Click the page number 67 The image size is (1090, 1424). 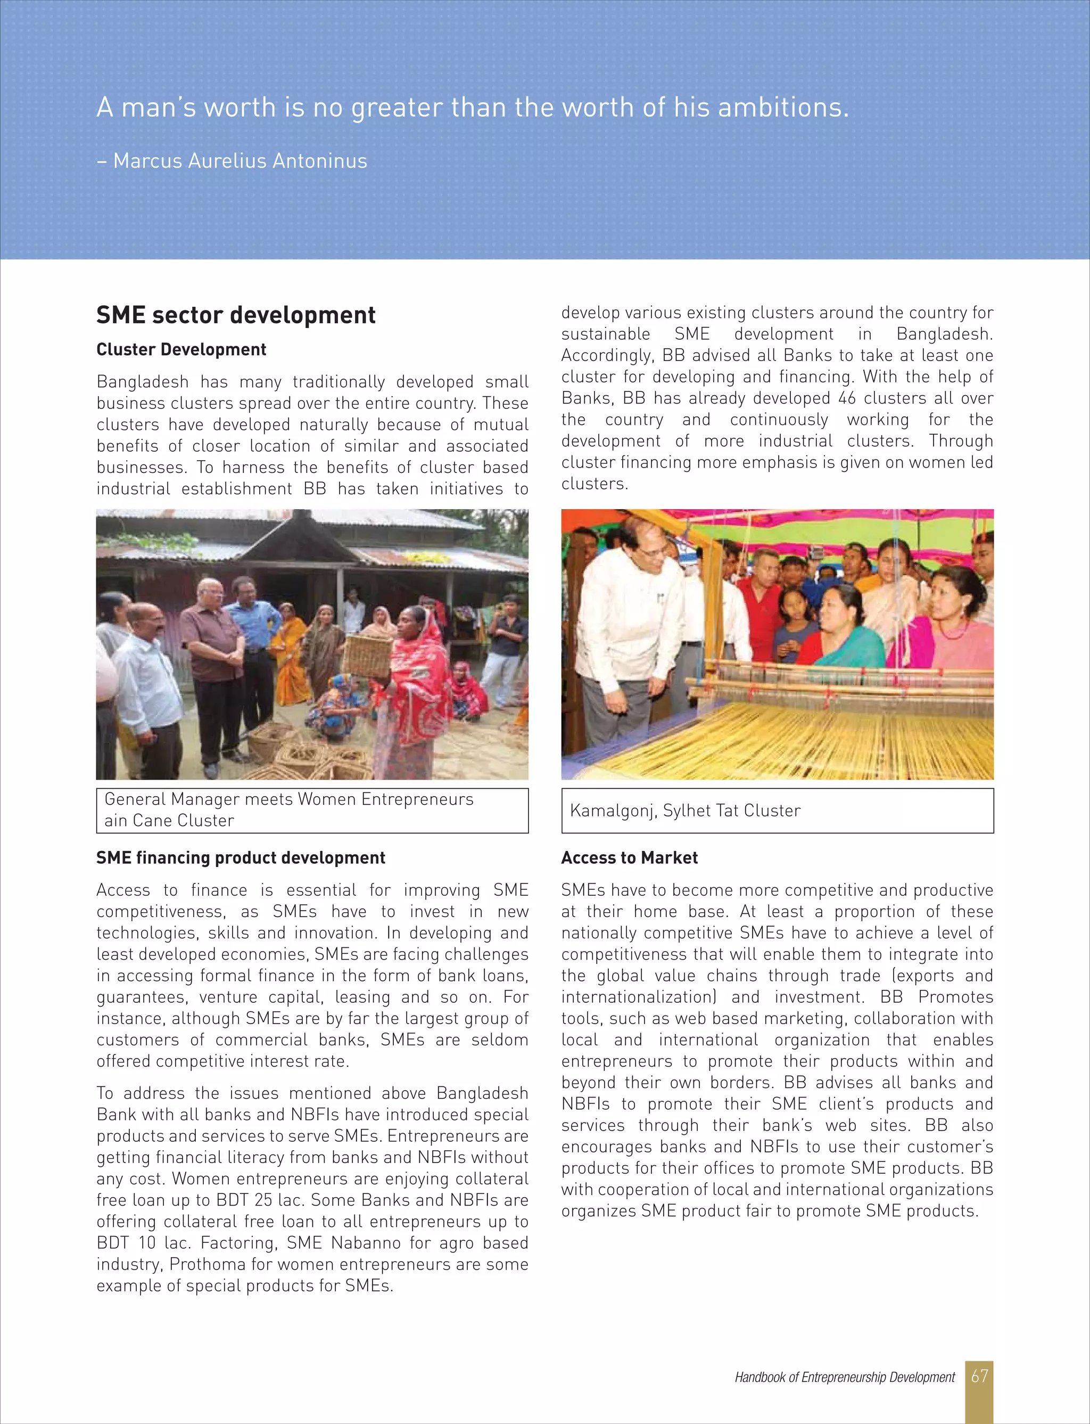point(979,1376)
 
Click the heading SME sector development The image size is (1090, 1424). point(236,315)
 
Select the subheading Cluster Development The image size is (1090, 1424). point(181,350)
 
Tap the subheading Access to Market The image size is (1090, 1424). point(629,858)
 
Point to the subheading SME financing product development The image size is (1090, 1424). point(241,858)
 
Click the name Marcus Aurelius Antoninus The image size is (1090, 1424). point(240,161)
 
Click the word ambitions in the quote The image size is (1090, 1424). point(782,108)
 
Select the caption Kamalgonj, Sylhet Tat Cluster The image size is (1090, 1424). point(685,811)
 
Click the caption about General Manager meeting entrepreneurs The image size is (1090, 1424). point(288,809)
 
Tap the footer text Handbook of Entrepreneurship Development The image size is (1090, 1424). point(844,1377)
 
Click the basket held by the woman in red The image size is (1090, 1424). point(368,656)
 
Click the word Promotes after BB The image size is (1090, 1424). point(955,997)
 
